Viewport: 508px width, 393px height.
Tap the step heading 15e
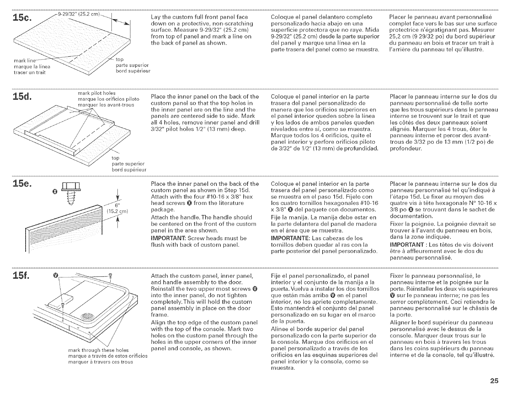click(x=21, y=186)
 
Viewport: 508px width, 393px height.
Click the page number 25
click(x=494, y=381)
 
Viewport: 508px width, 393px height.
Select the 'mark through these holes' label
click(x=98, y=350)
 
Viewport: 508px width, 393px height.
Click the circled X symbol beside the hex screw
click(x=55, y=193)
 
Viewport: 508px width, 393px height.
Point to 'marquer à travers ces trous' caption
click(x=101, y=362)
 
